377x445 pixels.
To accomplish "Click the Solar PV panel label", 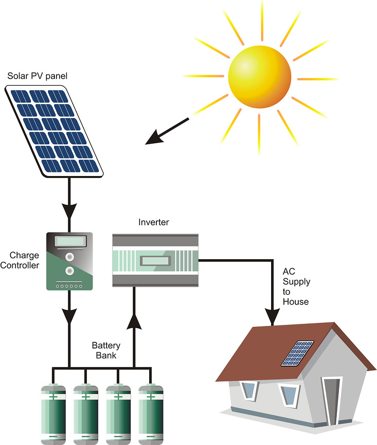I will pos(37,76).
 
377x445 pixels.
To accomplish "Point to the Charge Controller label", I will pos(24,260).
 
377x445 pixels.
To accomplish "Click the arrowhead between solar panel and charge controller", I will pos(69,210).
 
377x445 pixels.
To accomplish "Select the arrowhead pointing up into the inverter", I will pos(134,321).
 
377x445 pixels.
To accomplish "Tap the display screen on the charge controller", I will pos(69,241).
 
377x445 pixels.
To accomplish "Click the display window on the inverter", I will pos(155,260).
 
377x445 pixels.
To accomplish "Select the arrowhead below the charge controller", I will pos(69,315).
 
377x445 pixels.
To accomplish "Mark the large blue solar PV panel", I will pos(53,130).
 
